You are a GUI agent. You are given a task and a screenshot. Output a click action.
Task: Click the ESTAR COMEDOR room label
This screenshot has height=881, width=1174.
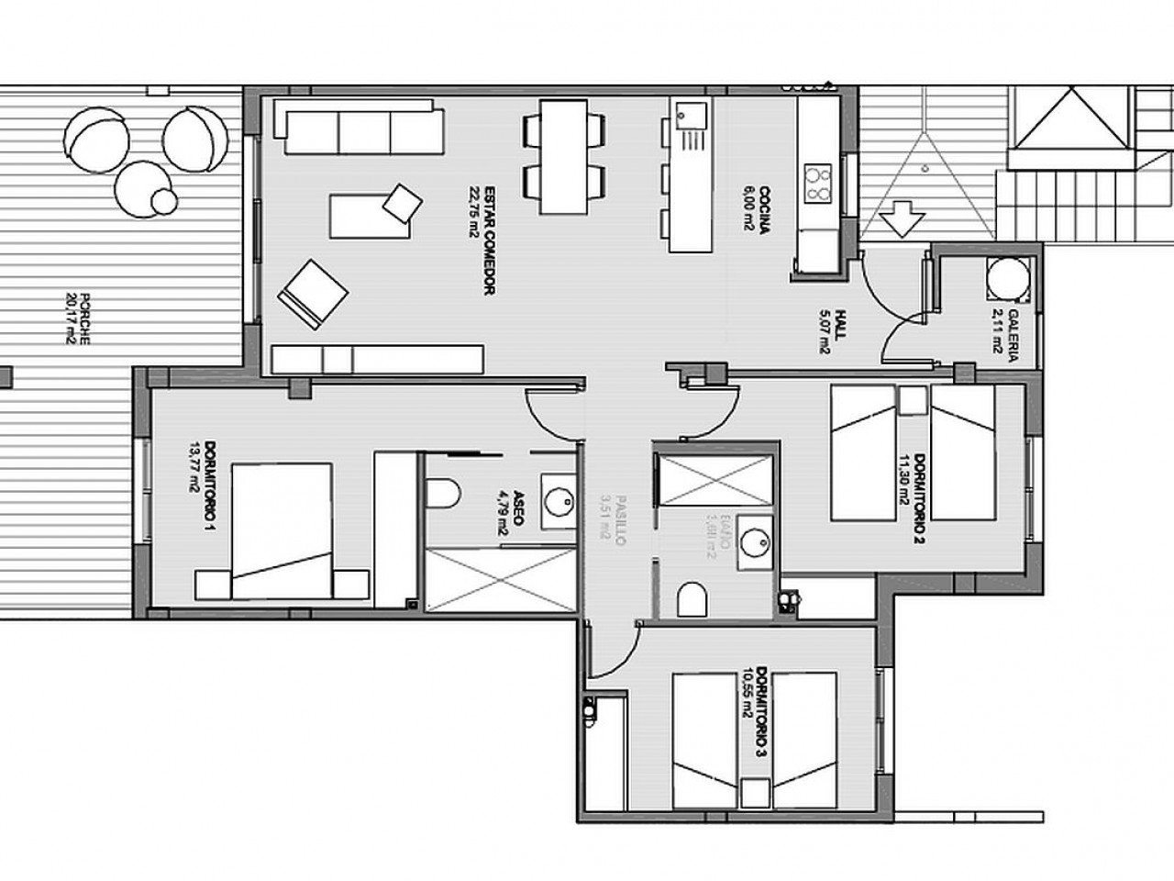coord(481,240)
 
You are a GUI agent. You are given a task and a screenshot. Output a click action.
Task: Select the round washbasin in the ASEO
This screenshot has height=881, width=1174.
coord(556,499)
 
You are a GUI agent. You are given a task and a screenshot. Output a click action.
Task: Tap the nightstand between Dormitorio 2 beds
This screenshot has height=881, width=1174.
coord(912,401)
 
